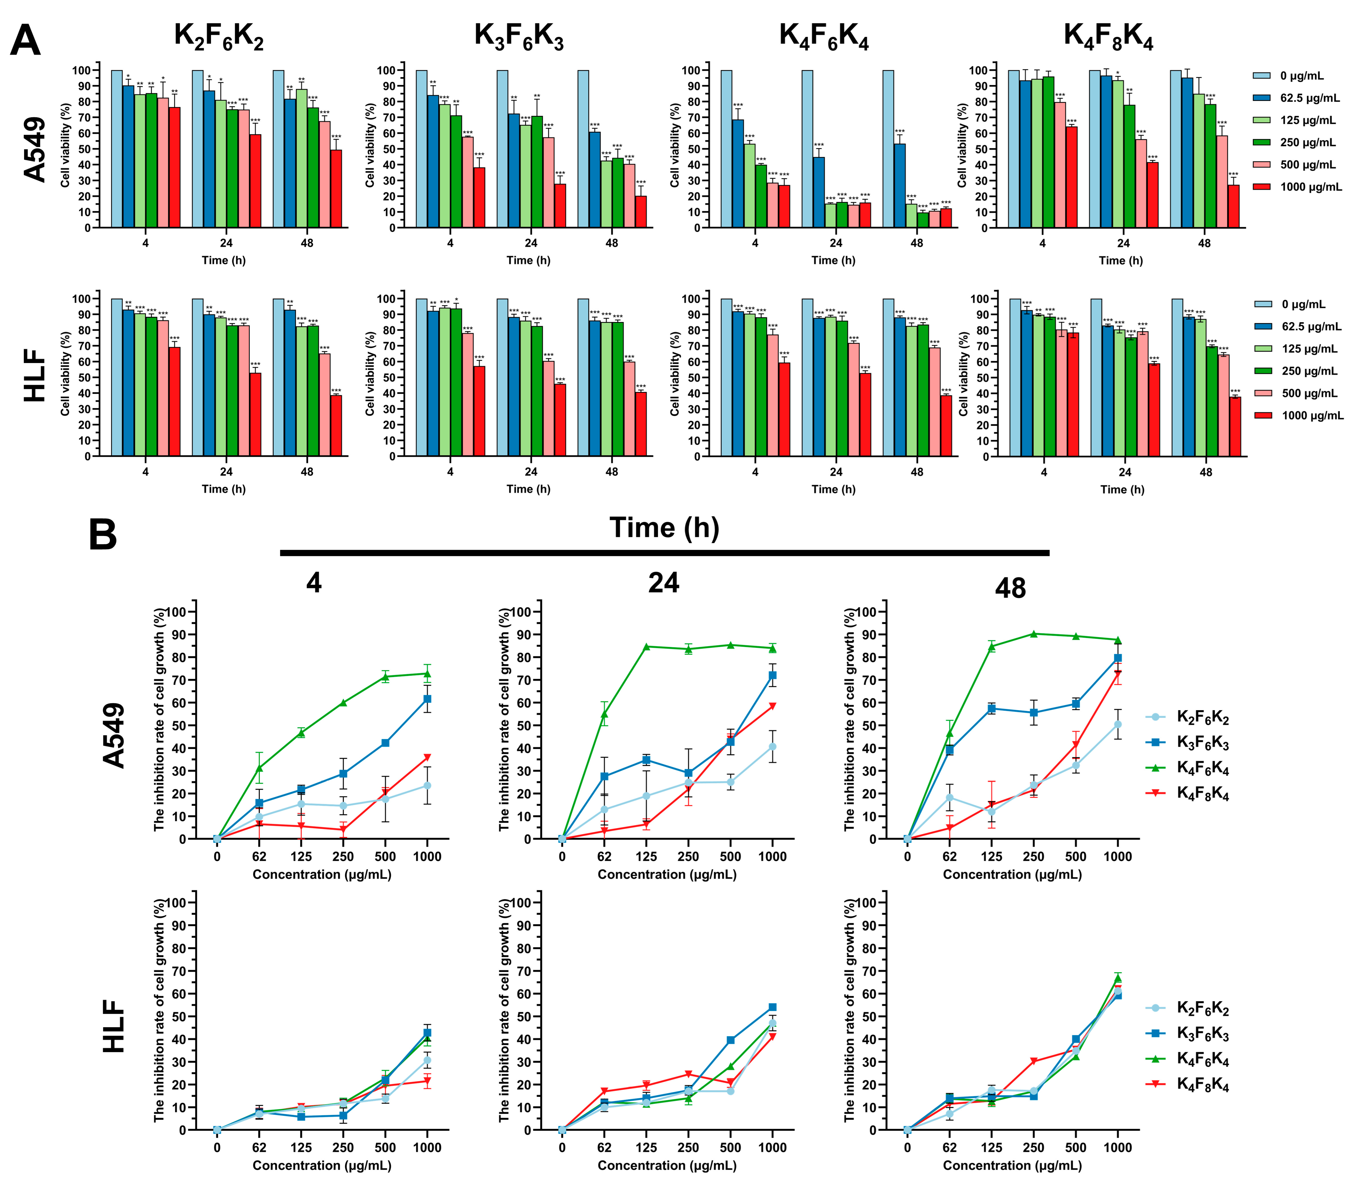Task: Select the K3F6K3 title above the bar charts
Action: [x=519, y=36]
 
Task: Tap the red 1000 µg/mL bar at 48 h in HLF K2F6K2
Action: [x=336, y=425]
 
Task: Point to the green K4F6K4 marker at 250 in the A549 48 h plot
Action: [x=1034, y=634]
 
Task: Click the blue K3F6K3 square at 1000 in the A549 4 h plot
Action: [x=427, y=698]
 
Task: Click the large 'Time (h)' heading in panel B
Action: [x=664, y=528]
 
